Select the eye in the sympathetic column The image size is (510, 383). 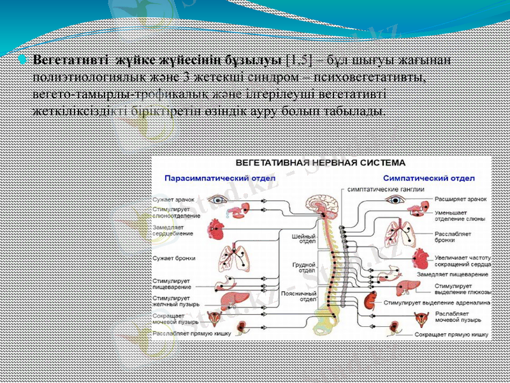397,199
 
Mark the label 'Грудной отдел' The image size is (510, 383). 305,267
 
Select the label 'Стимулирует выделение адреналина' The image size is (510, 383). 437,303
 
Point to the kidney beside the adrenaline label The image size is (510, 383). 368,300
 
